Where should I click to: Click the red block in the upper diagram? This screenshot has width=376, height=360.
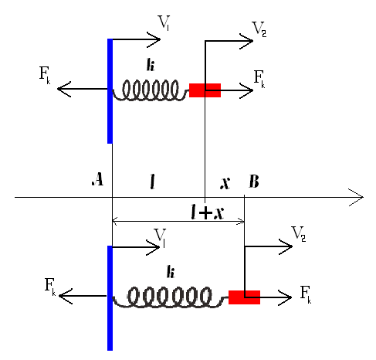click(x=205, y=90)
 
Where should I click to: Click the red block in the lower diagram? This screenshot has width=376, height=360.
click(x=244, y=297)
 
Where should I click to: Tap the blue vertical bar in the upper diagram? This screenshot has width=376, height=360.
click(x=110, y=91)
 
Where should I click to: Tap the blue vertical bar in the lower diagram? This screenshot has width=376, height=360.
click(x=110, y=298)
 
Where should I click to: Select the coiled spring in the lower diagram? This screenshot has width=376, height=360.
click(x=171, y=297)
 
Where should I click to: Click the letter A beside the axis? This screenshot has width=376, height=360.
click(x=98, y=179)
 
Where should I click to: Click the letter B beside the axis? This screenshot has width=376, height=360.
click(x=254, y=182)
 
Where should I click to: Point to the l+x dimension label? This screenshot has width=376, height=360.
click(x=208, y=212)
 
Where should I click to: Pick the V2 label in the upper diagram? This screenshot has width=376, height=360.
click(x=259, y=29)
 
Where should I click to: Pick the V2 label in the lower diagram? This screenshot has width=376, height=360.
click(x=299, y=234)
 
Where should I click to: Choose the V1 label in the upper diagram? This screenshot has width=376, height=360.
click(x=164, y=23)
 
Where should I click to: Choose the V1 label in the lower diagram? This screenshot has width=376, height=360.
click(x=160, y=238)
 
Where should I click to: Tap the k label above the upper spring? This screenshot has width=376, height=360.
click(x=151, y=64)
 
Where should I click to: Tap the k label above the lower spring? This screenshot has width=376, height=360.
click(x=171, y=272)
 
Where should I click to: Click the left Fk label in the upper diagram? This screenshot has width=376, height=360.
click(x=45, y=75)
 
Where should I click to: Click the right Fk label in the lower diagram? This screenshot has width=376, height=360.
click(x=306, y=295)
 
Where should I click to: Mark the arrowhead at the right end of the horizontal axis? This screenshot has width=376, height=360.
click(x=363, y=198)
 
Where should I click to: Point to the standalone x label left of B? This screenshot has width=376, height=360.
click(x=225, y=183)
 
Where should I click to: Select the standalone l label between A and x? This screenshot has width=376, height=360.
click(x=153, y=182)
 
